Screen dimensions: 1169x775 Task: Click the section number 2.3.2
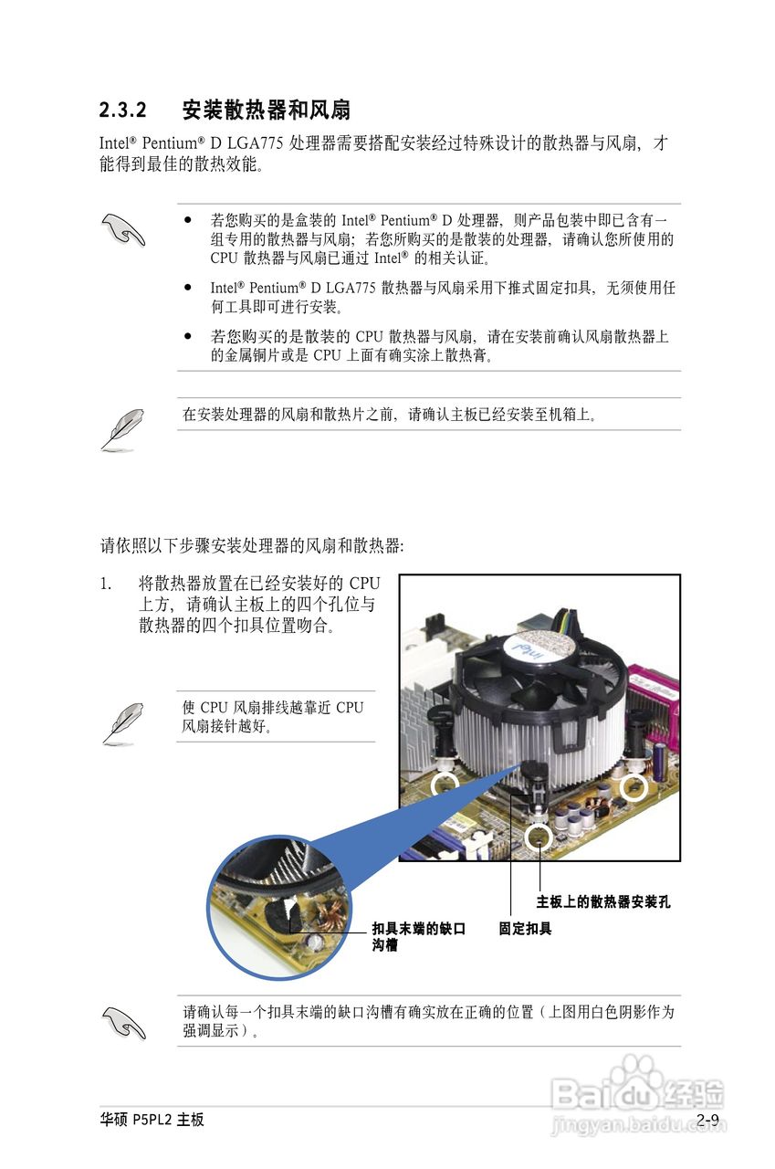(123, 111)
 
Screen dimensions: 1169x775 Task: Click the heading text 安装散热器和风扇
(266, 111)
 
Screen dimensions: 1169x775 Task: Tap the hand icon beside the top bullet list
(123, 229)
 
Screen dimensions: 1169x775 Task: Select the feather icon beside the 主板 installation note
(121, 429)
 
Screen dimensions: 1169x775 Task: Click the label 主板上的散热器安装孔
(602, 902)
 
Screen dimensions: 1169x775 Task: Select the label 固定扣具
(525, 929)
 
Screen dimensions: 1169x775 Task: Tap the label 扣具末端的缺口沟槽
(418, 937)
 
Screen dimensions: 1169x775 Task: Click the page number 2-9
(707, 1120)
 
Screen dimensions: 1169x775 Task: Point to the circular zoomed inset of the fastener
(278, 908)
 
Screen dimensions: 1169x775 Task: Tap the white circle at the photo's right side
(633, 786)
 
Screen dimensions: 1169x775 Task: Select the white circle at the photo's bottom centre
(539, 834)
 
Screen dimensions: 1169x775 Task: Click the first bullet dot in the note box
(187, 220)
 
